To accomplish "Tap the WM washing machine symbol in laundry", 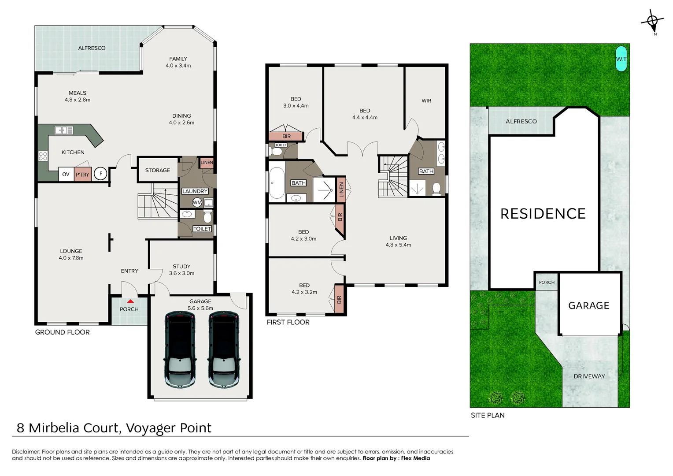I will coord(197,203).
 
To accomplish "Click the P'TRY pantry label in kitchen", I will coord(82,175).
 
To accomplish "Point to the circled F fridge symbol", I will coord(100,174).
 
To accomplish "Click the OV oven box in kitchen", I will coord(66,175).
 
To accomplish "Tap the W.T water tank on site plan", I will coord(621,59).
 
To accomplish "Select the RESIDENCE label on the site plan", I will coord(543,214).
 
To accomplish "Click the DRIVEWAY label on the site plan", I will coord(589,376).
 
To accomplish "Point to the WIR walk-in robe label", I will coord(426,101).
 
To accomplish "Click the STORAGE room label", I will coord(157,170).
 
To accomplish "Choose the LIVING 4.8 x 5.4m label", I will coord(398,242).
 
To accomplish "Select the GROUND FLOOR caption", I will coord(62,332).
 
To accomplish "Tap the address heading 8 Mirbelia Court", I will coord(114,428).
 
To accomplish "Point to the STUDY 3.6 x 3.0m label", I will coord(181,270).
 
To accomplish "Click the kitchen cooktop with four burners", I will coord(43,156).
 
